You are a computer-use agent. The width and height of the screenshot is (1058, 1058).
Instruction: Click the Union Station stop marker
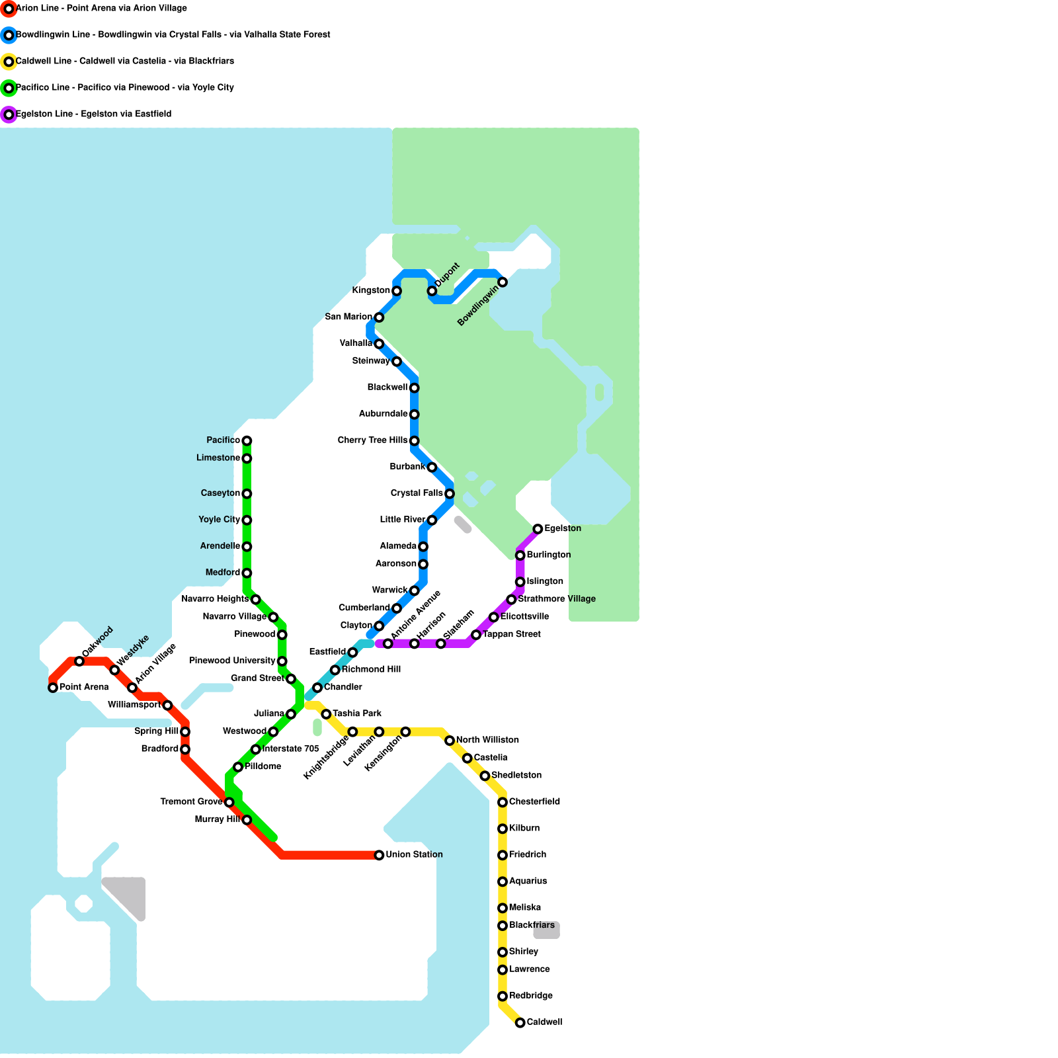click(x=379, y=855)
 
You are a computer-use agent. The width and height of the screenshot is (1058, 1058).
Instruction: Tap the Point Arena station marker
click(x=53, y=688)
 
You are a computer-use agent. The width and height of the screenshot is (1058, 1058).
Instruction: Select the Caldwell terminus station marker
click(x=520, y=1023)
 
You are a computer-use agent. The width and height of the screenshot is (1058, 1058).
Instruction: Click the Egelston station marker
click(x=538, y=529)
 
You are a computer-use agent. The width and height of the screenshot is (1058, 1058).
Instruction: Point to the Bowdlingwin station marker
click(x=503, y=282)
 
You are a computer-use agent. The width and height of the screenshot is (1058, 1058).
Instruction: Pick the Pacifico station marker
click(x=247, y=440)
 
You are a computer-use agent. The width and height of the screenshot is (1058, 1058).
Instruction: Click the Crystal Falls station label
click(x=417, y=493)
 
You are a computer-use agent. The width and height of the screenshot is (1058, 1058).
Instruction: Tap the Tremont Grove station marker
click(x=229, y=802)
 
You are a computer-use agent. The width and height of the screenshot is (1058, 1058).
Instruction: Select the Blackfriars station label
click(x=532, y=925)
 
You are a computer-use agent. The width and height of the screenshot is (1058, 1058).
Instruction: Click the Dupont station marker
click(x=432, y=291)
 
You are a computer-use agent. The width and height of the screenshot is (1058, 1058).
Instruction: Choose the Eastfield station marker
click(x=352, y=653)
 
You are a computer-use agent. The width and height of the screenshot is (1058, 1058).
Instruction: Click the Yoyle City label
click(x=219, y=520)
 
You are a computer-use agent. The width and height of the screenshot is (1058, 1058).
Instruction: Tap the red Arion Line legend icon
click(x=9, y=9)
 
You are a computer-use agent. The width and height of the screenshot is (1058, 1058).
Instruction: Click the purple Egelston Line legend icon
click(x=9, y=114)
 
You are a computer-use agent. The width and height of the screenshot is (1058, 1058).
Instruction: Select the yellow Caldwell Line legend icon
click(x=9, y=61)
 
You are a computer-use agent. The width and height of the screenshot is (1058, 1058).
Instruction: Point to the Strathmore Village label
click(x=557, y=599)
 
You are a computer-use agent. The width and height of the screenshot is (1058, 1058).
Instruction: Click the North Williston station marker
click(x=450, y=741)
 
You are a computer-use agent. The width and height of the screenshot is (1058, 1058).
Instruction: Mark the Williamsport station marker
click(x=167, y=706)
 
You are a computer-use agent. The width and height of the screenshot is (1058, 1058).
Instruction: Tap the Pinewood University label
click(x=232, y=661)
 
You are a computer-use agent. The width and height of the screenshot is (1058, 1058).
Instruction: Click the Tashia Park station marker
click(x=326, y=714)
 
